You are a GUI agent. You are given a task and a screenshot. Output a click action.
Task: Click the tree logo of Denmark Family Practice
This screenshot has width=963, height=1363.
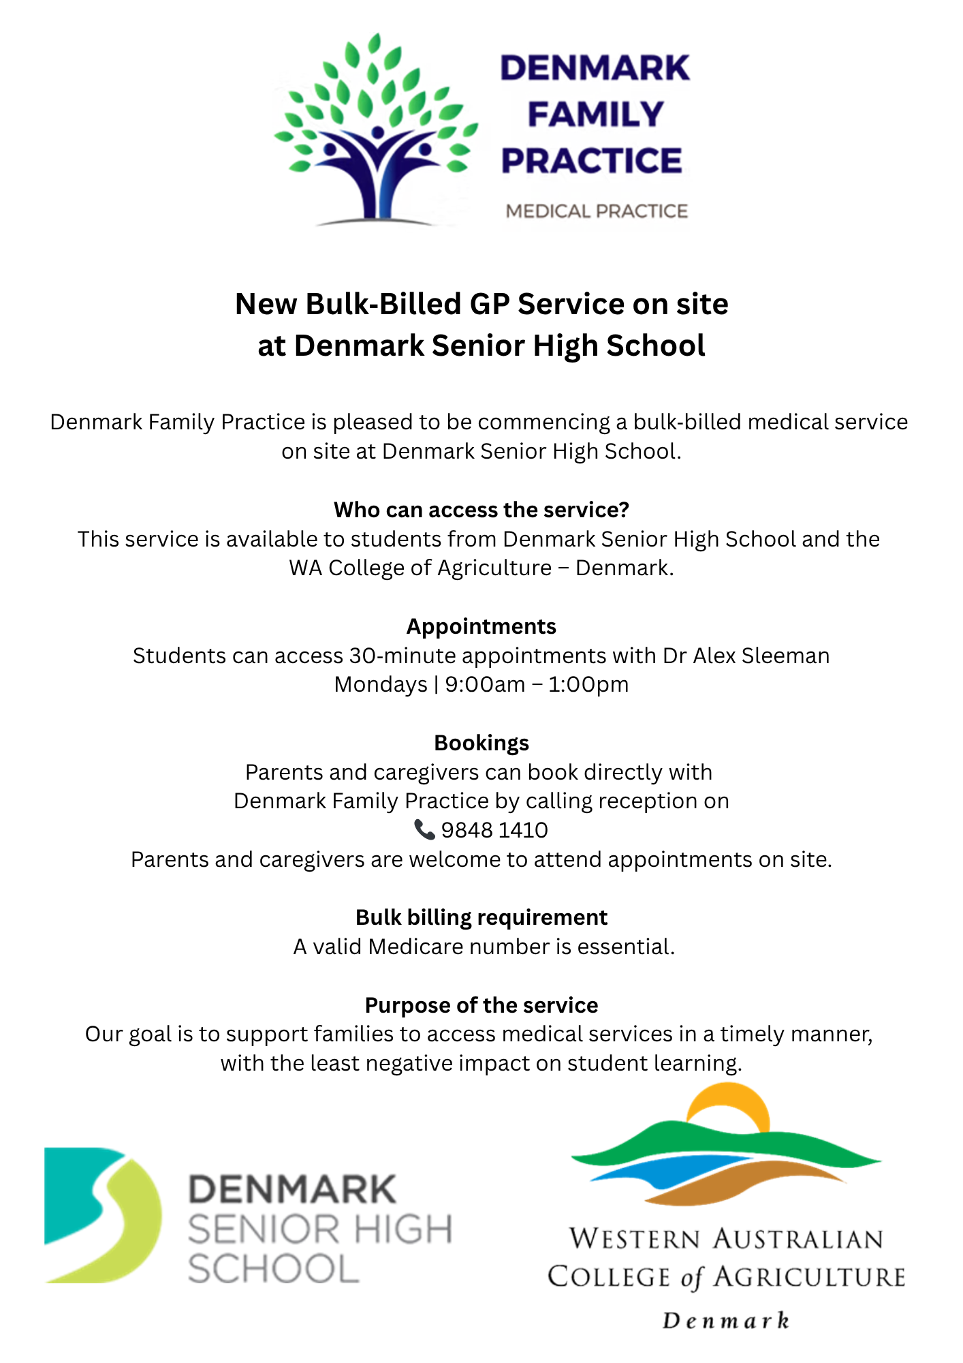pos(376,129)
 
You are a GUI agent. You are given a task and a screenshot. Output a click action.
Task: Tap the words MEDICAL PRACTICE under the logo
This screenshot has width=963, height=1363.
pos(597,211)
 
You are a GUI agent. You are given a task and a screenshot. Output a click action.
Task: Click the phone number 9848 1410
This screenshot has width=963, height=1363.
pos(494,830)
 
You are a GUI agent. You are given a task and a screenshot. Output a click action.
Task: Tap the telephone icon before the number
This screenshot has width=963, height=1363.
pos(424,829)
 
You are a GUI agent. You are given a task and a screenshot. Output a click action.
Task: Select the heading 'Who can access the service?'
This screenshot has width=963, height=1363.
pos(481,510)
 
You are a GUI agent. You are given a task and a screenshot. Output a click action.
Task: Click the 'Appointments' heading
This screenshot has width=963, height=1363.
pos(481,626)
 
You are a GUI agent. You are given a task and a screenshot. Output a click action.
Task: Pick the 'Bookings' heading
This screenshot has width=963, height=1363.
pos(481,743)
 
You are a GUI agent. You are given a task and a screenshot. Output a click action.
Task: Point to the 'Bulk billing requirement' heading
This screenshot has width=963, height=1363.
pos(481,917)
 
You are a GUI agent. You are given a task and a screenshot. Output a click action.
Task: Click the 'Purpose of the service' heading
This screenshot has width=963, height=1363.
pos(481,1005)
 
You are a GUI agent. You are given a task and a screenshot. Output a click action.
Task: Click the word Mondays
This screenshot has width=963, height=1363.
pos(381,684)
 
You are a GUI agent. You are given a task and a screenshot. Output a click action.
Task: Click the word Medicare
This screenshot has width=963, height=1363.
pos(415,947)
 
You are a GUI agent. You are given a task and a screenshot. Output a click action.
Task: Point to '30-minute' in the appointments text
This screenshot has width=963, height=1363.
pos(402,656)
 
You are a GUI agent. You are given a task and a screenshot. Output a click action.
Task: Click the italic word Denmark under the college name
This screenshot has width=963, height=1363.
pos(726,1321)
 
